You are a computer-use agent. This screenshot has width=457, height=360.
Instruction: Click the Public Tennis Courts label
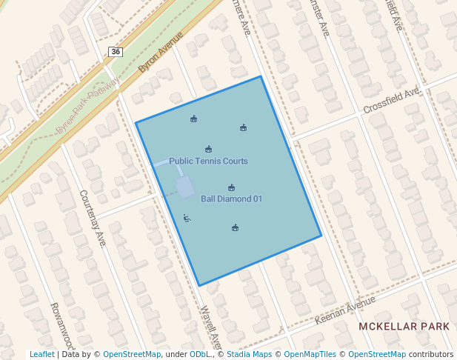[208, 161]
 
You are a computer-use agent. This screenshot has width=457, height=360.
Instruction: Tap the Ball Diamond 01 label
[232, 199]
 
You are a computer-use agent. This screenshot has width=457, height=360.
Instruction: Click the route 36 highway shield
[115, 51]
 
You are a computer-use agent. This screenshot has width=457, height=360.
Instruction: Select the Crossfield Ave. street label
[391, 101]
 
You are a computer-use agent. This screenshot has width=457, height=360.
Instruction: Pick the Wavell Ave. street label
[211, 327]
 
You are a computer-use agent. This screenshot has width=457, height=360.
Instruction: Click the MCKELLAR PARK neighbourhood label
[404, 326]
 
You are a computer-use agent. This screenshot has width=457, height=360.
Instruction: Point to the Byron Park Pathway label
[87, 107]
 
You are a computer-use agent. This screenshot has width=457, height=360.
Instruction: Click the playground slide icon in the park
[187, 218]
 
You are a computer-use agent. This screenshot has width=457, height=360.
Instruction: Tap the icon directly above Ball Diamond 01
[232, 187]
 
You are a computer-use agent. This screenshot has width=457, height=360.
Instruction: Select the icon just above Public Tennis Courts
[208, 149]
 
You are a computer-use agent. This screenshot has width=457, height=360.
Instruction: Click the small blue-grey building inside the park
[184, 186]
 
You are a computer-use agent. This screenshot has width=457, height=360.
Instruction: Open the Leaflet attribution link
[41, 354]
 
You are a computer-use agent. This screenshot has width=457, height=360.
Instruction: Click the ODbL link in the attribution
[200, 354]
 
